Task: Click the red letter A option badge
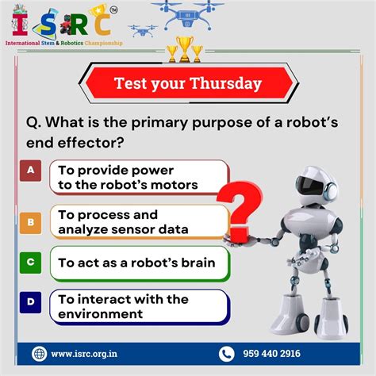coord(30,170)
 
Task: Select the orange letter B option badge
coord(30,222)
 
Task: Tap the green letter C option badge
coord(30,261)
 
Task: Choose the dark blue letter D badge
coord(30,301)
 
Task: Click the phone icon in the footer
coord(227,354)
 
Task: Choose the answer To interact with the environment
coord(123,306)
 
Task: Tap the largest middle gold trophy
coord(184,50)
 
